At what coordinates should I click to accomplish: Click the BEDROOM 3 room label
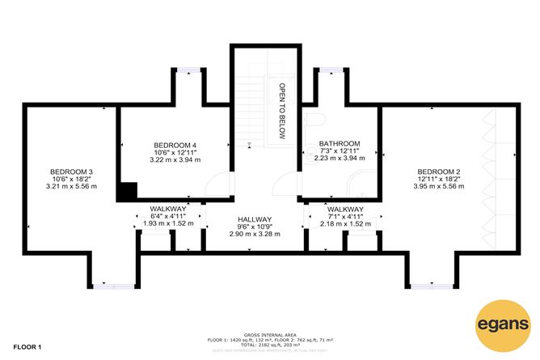(72, 172)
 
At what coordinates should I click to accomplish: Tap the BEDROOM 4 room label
(175, 145)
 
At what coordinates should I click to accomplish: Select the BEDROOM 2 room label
(439, 172)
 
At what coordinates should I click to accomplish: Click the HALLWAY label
(255, 219)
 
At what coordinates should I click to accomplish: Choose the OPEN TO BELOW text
(283, 111)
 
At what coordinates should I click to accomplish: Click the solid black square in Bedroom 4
(126, 193)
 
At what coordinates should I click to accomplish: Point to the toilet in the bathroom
(315, 121)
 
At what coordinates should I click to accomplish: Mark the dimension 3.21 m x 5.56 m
(72, 186)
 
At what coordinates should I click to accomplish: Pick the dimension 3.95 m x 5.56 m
(439, 186)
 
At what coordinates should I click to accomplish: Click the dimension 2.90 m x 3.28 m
(255, 234)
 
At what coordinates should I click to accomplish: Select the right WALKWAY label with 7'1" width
(345, 209)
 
